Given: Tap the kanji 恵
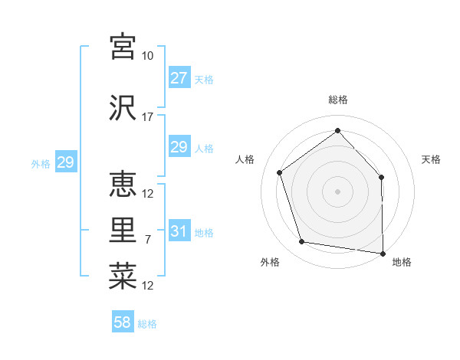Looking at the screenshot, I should pyautogui.click(x=123, y=184).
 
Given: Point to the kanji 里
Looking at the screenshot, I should pyautogui.click(x=123, y=231).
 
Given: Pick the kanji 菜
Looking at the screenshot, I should pyautogui.click(x=123, y=277).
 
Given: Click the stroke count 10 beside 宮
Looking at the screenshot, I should pyautogui.click(x=148, y=56).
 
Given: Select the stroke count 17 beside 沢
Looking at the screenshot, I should pyautogui.click(x=148, y=117).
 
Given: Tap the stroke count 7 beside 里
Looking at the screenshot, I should pyautogui.click(x=148, y=240).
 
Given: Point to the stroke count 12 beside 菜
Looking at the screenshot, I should pyautogui.click(x=148, y=286).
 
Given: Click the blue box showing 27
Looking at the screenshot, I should pyautogui.click(x=179, y=78).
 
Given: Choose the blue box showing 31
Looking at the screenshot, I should pyautogui.click(x=179, y=231).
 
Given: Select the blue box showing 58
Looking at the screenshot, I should pyautogui.click(x=123, y=322).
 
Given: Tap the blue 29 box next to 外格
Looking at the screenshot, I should pyautogui.click(x=65, y=162).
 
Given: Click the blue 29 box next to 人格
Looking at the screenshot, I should pyautogui.click(x=179, y=147).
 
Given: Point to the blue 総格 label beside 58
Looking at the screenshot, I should pyautogui.click(x=148, y=324).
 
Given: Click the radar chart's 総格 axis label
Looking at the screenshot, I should pyautogui.click(x=338, y=100).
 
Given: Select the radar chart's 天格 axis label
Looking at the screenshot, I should pyautogui.click(x=432, y=159).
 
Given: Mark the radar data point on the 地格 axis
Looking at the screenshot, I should pyautogui.click(x=383, y=253).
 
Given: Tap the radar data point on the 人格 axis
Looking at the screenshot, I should pyautogui.click(x=280, y=172).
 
